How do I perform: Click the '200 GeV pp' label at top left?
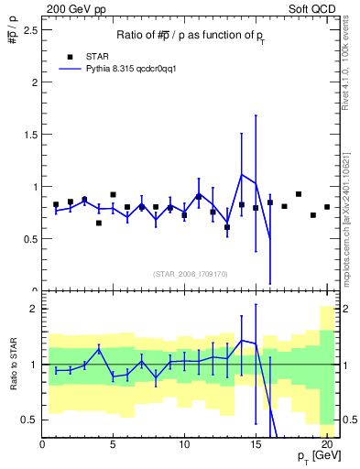coord(71,8)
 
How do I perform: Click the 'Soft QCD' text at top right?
coord(311,8)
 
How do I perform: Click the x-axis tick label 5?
coord(113,445)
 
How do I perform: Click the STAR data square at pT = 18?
coord(299,194)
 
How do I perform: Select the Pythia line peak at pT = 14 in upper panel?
coord(242,175)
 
